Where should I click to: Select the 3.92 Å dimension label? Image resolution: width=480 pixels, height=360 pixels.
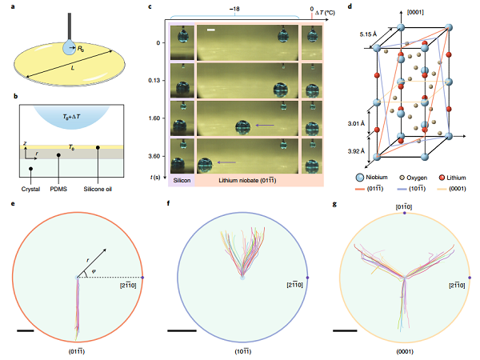pos(354,150)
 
